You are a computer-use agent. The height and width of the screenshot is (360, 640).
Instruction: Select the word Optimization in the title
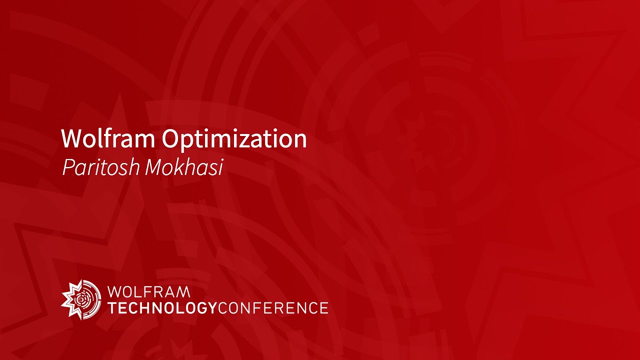click(234, 139)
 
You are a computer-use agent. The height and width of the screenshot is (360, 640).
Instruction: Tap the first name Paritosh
click(100, 168)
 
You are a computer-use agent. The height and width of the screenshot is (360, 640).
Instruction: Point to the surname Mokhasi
click(183, 168)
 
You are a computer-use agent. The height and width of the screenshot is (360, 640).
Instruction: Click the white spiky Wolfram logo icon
click(80, 298)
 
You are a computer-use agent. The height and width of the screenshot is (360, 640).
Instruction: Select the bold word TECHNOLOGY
click(162, 307)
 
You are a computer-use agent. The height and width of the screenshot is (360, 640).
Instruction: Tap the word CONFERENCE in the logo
click(273, 307)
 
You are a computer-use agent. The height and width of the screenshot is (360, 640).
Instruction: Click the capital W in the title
click(70, 138)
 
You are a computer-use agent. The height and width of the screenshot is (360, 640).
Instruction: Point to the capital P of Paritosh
click(67, 168)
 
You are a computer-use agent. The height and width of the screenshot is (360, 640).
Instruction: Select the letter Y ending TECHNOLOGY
click(212, 307)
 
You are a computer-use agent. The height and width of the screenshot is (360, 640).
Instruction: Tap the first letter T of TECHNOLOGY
click(112, 307)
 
